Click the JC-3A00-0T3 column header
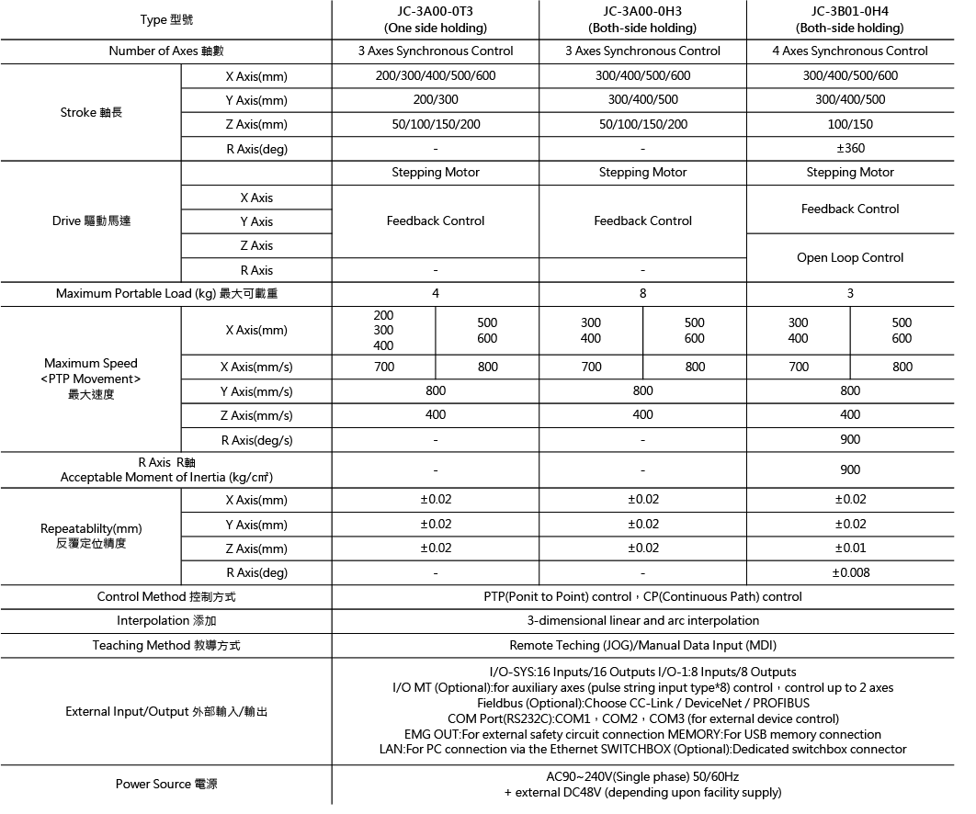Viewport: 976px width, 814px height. pos(436,19)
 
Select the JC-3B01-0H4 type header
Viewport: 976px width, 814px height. pos(849,19)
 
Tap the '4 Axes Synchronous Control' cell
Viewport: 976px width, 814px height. pos(849,51)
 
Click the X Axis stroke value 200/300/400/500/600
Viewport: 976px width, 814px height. pos(436,75)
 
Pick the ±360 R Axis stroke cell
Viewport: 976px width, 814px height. pos(850,148)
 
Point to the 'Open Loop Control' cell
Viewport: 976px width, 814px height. pos(850,257)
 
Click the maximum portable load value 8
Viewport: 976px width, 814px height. pos(642,293)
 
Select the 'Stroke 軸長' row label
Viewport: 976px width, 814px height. pos(91,112)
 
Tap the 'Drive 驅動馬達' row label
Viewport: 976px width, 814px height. pos(91,220)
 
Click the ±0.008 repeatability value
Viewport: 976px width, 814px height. pos(850,572)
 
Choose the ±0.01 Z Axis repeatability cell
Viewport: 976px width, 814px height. pos(850,548)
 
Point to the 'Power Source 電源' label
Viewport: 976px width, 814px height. pos(166,784)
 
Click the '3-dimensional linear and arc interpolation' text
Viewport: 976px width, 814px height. pos(643,620)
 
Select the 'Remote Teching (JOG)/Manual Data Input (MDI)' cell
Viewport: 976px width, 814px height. pos(643,645)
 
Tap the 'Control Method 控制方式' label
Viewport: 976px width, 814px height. pos(166,596)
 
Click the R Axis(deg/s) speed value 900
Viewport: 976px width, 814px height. pos(850,439)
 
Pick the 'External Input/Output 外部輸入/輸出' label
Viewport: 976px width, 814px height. pos(166,711)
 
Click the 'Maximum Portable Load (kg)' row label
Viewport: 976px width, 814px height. pos(166,293)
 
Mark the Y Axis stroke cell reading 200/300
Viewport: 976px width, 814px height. pos(436,99)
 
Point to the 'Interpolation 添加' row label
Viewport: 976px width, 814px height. pos(166,620)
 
